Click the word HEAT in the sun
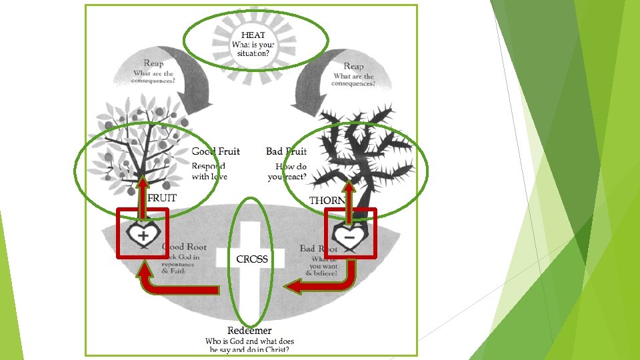coord(253,35)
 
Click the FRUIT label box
coord(161,198)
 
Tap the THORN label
coord(327,201)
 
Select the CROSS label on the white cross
coord(252,259)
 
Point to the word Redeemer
coord(249,331)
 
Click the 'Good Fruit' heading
coord(215,151)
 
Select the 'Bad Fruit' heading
coord(286,151)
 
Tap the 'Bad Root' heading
coord(319,249)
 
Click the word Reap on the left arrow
coord(153,63)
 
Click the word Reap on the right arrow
coord(353,66)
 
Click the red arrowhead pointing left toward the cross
coord(292,287)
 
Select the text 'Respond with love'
coord(209,171)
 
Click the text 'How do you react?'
coord(287,171)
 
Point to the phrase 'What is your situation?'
coord(253,49)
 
